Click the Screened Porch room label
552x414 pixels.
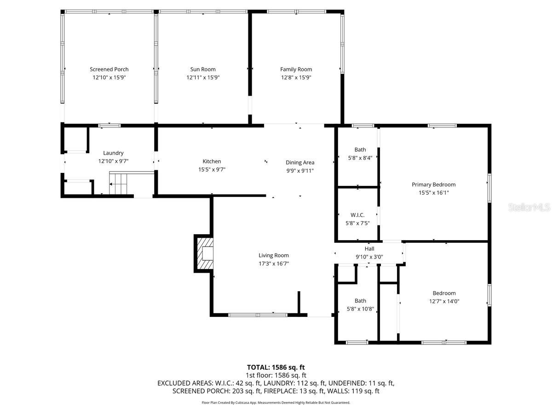coord(109,69)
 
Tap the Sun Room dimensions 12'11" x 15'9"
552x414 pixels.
coord(203,78)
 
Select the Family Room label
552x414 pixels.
coord(296,69)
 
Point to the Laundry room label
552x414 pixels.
coord(113,153)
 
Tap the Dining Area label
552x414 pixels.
coord(300,162)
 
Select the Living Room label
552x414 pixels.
coord(273,255)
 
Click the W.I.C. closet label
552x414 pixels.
coord(357,215)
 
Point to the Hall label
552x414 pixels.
coord(369,249)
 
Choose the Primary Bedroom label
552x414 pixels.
coord(433,184)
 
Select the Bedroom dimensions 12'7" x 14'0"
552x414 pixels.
coord(444,301)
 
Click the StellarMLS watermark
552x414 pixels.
coord(529,207)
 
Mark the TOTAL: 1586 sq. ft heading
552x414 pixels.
coord(276,367)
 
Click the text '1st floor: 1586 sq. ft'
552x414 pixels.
coord(276,375)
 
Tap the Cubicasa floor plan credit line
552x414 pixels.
coord(276,402)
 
